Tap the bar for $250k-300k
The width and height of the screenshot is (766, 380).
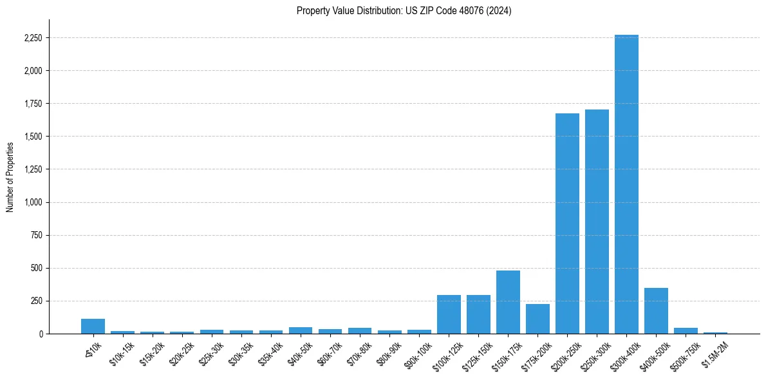tap(597, 222)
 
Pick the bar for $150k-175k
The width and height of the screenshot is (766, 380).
tap(508, 302)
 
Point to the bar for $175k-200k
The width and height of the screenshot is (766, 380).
tap(537, 319)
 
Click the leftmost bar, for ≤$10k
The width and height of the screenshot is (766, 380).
tap(93, 327)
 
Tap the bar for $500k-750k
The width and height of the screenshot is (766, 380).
tap(686, 331)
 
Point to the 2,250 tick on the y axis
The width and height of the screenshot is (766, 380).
tap(32, 38)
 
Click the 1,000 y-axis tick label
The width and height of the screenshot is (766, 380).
tap(32, 202)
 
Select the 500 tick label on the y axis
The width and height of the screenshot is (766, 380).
tap(36, 268)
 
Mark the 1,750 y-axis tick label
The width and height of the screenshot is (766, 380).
tap(32, 104)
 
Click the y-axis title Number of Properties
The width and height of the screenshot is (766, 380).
tap(10, 176)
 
